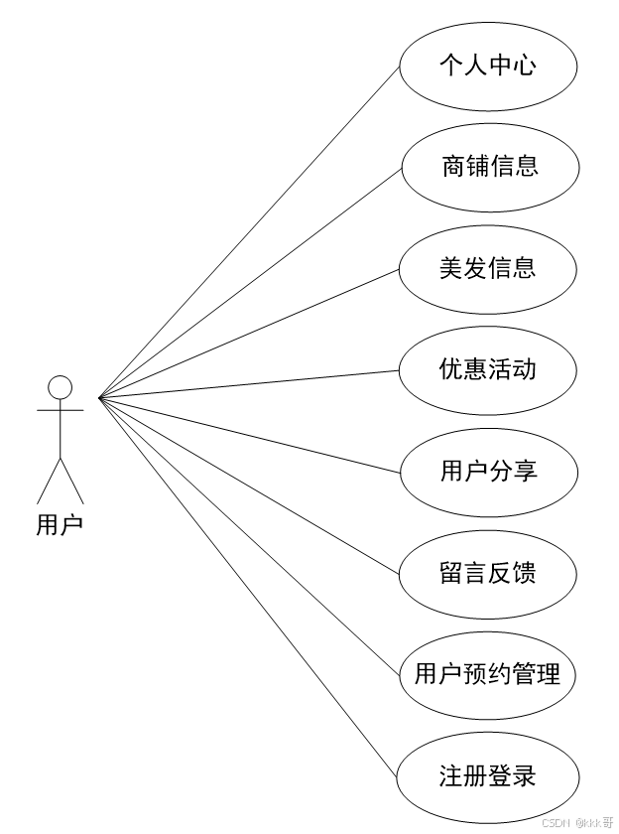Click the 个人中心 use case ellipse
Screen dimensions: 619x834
coord(488,66)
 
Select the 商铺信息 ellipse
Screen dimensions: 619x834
coord(488,167)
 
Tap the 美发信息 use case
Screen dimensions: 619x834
coord(488,269)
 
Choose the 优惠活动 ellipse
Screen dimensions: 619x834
coord(488,370)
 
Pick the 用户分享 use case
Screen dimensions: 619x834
coord(488,472)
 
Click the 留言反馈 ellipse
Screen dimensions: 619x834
coord(488,574)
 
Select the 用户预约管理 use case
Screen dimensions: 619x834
coord(488,676)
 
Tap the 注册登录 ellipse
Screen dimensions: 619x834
coord(488,776)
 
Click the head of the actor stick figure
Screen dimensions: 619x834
coord(61,387)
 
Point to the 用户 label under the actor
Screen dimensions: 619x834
coord(61,524)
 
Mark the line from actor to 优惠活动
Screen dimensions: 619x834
coord(248,384)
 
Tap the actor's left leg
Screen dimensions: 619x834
coord(49,481)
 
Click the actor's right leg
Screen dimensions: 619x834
coord(71,481)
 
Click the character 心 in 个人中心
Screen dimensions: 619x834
coord(525,66)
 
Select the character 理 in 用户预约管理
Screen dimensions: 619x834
coord(549,676)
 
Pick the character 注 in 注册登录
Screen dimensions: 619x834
coord(451,776)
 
